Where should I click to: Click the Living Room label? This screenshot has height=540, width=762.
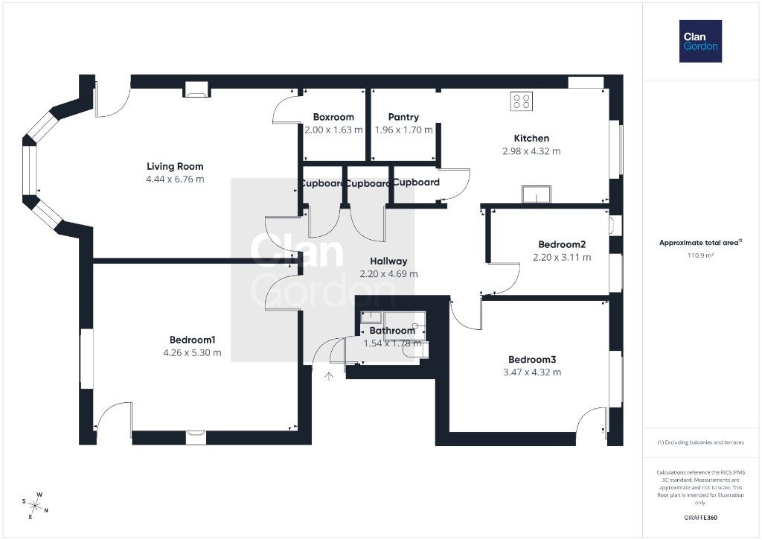tap(175, 166)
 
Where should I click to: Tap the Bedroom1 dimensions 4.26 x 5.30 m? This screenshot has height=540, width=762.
tap(193, 353)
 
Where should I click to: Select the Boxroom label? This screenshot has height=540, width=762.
tap(333, 117)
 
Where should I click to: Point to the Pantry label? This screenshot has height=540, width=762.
tap(403, 117)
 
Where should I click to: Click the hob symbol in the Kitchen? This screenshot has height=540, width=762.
tap(522, 101)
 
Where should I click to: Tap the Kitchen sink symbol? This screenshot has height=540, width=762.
tap(537, 194)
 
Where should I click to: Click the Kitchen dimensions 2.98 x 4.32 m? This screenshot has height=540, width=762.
tap(531, 151)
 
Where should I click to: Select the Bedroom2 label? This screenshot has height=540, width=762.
tap(562, 245)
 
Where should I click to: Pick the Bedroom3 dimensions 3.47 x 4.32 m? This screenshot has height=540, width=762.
tap(532, 372)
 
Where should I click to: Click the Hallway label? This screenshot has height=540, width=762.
tap(388, 261)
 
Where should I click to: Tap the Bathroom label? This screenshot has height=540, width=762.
tap(392, 331)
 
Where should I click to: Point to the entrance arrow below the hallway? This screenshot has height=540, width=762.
tap(329, 376)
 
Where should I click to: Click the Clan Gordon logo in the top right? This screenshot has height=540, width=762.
tap(700, 42)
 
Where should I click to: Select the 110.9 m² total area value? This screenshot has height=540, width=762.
tap(700, 255)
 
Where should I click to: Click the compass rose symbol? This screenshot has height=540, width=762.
tap(35, 506)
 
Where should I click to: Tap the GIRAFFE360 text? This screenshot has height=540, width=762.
tap(700, 518)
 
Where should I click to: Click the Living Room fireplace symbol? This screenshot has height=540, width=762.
tap(196, 89)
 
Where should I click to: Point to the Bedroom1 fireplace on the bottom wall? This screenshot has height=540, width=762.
tap(196, 437)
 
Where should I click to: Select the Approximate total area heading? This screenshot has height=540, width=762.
tap(700, 242)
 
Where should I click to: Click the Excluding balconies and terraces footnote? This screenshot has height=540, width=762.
tap(700, 442)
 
